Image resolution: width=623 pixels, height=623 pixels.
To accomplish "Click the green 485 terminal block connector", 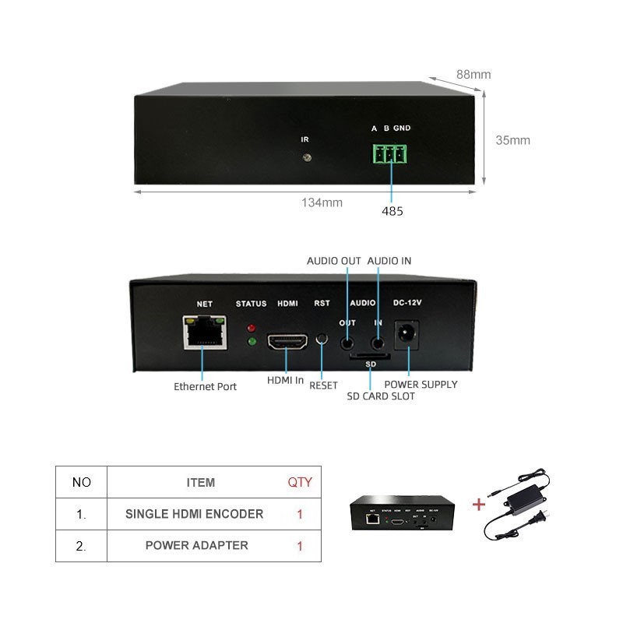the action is pyautogui.click(x=390, y=153).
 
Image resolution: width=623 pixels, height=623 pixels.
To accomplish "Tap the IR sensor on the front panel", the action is pyautogui.click(x=307, y=158).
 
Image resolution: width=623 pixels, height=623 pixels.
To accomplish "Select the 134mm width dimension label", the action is pyautogui.click(x=322, y=202).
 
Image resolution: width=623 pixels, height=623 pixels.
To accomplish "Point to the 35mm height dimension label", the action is pyautogui.click(x=512, y=140).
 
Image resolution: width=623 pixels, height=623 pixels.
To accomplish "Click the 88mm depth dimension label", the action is pyautogui.click(x=473, y=74).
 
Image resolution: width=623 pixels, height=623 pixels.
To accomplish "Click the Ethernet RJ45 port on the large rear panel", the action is pyautogui.click(x=205, y=333).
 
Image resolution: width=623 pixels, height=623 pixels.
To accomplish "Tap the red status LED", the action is pyautogui.click(x=251, y=328).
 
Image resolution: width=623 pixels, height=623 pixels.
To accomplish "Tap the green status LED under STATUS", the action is pyautogui.click(x=251, y=341).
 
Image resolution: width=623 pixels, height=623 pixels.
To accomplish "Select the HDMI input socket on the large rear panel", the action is pyautogui.click(x=287, y=341).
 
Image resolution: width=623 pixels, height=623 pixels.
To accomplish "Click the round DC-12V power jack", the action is pyautogui.click(x=406, y=334).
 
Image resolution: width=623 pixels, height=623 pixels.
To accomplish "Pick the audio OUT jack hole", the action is pyautogui.click(x=347, y=343).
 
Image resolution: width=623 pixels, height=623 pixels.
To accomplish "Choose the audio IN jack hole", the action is pyautogui.click(x=378, y=343).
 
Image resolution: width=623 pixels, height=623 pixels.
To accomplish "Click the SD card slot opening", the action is pyautogui.click(x=369, y=356).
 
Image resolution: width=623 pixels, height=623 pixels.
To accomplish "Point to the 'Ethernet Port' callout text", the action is pyautogui.click(x=205, y=386).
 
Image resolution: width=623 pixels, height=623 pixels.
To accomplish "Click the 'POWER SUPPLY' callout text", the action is pyautogui.click(x=421, y=385).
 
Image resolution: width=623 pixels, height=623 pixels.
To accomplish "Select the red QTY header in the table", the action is pyautogui.click(x=300, y=482).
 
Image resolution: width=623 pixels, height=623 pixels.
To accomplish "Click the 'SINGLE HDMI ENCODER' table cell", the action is pyautogui.click(x=194, y=514).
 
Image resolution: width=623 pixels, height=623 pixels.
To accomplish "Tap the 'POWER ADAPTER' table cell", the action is pyautogui.click(x=197, y=546).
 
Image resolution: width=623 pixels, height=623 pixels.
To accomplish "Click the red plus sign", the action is pyautogui.click(x=479, y=505).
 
